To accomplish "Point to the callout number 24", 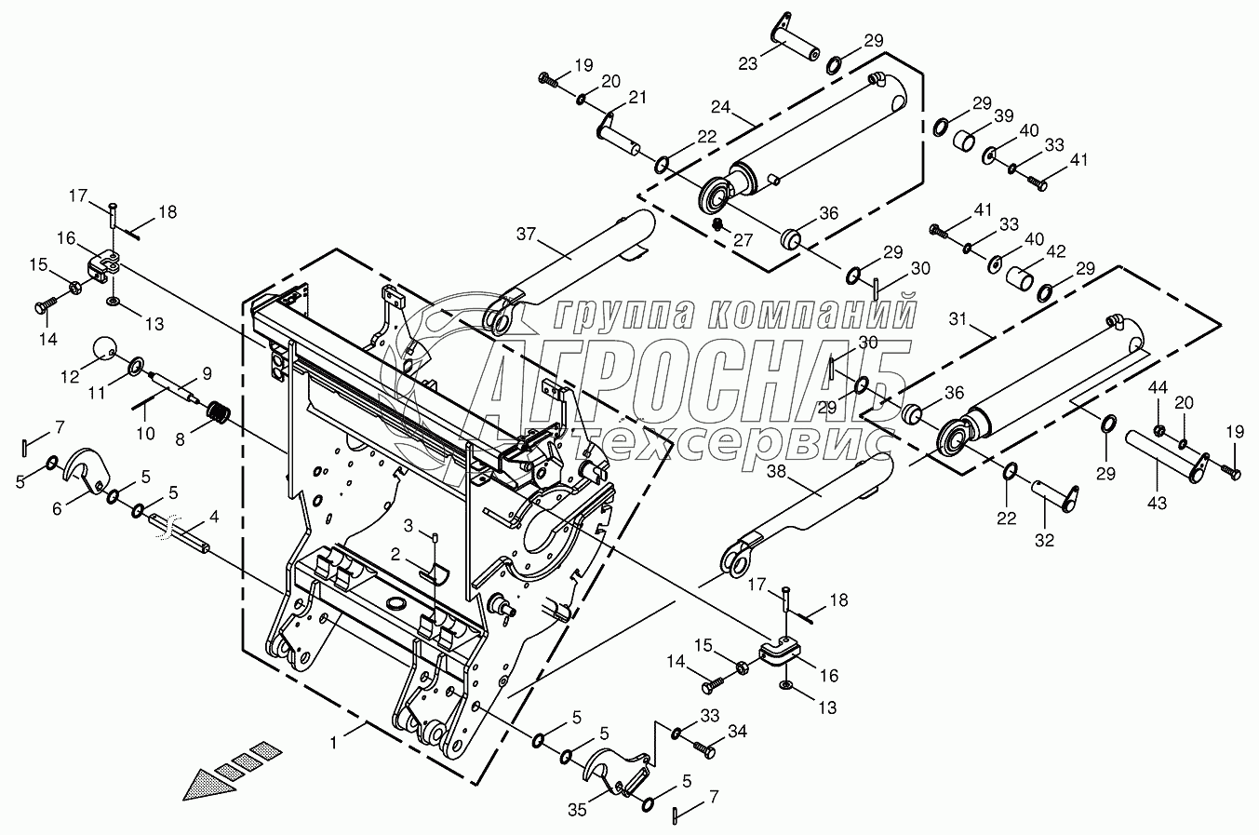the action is click(721, 104).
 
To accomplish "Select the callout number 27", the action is click(742, 239).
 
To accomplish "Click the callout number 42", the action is click(1055, 250).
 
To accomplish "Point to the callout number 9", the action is click(207, 373).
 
